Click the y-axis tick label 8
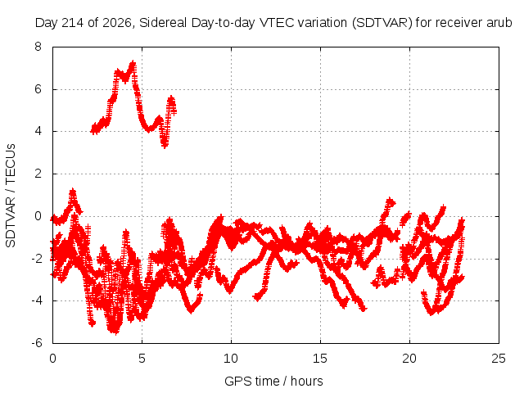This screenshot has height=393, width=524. (38, 47)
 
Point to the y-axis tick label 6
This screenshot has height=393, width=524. (38, 89)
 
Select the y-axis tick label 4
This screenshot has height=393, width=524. (38, 131)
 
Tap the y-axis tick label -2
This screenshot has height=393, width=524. (37, 259)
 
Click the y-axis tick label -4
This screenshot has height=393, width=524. (37, 300)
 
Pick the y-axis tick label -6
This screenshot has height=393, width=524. (37, 343)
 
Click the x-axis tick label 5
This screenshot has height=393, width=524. (142, 359)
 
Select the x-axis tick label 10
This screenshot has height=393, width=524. (231, 359)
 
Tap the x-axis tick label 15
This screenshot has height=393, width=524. (320, 359)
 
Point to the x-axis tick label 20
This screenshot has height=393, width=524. (409, 359)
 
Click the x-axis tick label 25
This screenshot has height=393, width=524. (499, 359)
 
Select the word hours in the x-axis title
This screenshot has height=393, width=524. (307, 381)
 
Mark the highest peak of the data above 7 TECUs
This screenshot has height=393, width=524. (133, 63)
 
